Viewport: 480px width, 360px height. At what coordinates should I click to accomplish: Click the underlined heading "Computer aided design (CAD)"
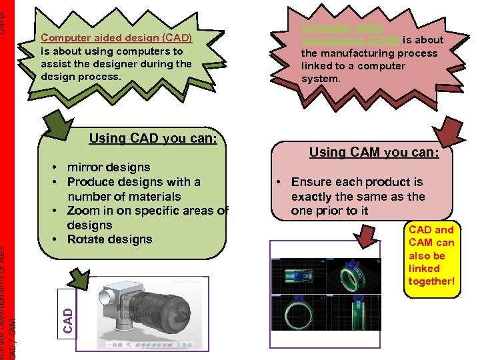click(117, 38)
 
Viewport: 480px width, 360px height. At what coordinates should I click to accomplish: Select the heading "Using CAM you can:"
click(374, 153)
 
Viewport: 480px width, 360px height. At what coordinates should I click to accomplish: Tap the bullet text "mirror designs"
click(109, 167)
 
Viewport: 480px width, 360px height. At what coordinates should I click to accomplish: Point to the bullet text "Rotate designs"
click(109, 239)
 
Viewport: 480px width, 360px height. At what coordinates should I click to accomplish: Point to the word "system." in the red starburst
click(321, 79)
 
